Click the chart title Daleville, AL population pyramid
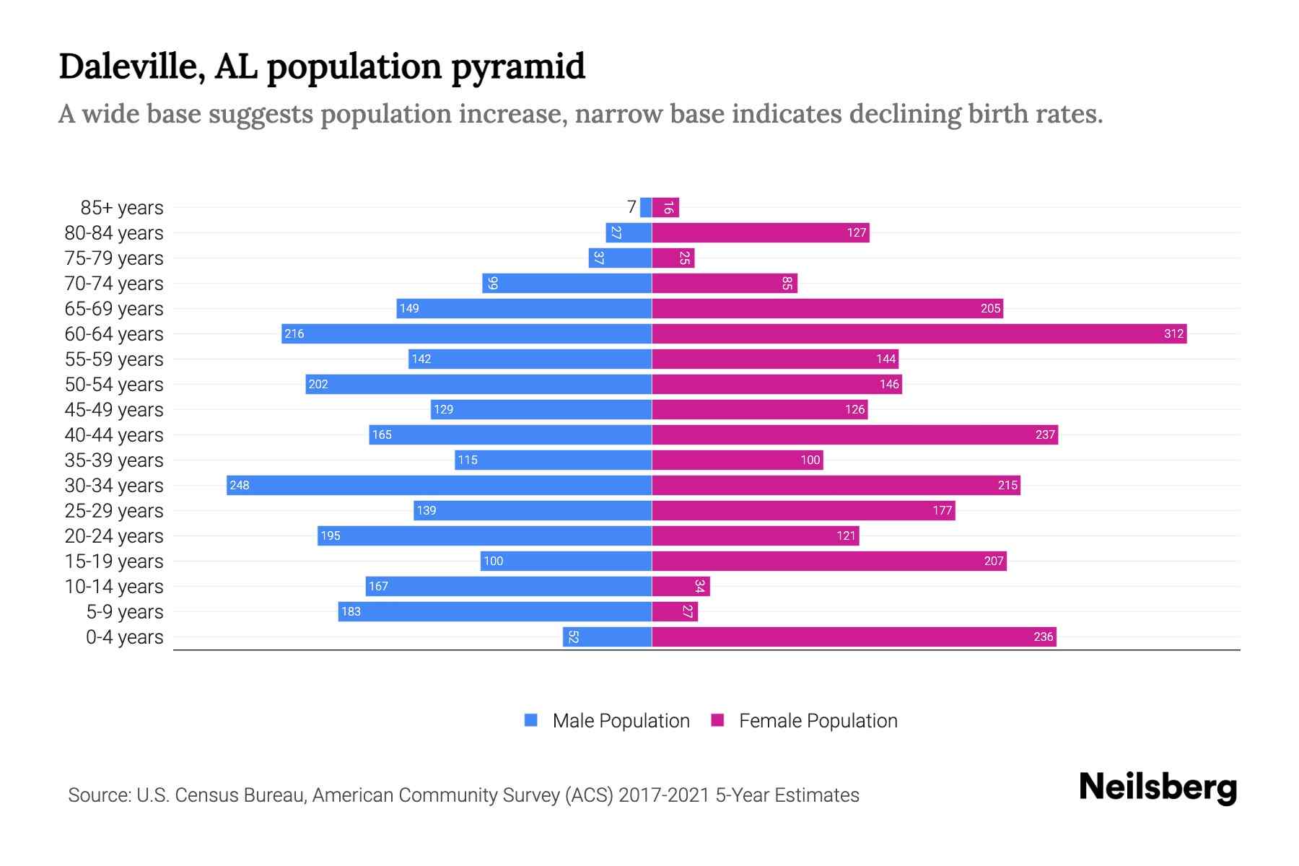click(322, 66)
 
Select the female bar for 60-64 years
click(919, 333)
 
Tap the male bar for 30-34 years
click(439, 485)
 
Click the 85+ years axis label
click(121, 208)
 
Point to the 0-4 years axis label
click(124, 637)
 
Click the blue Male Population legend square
click(531, 720)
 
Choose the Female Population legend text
click(818, 721)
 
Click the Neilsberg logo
click(1158, 787)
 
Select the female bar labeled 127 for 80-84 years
click(760, 232)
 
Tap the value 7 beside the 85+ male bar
click(631, 208)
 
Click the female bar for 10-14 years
click(681, 586)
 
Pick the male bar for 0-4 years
click(607, 637)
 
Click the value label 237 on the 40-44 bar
click(1044, 435)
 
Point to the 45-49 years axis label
click(114, 410)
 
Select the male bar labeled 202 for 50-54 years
click(478, 384)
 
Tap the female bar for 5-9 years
click(675, 611)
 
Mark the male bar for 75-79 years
click(620, 258)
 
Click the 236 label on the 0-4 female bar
click(1043, 637)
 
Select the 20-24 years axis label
click(114, 536)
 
